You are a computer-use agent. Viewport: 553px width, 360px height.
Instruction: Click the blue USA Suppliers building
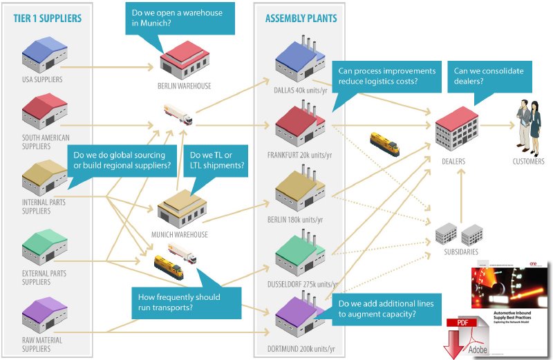tap(44, 54)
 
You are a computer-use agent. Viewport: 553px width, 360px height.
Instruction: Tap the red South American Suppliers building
tap(44, 111)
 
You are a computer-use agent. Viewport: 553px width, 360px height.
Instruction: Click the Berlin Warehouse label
tap(185, 86)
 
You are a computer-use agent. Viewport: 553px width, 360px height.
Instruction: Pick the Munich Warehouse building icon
tap(182, 207)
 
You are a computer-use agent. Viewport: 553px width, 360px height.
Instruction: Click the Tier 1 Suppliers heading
tap(47, 17)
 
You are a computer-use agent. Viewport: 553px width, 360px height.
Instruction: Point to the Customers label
tap(528, 162)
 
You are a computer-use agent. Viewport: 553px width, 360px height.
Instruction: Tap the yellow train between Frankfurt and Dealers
tap(384, 143)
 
